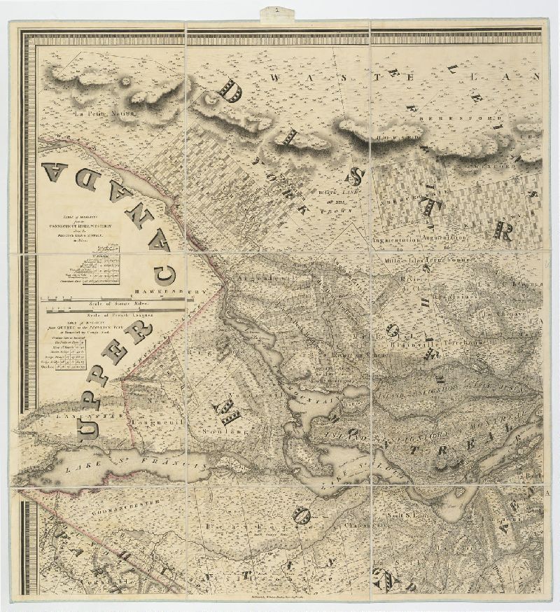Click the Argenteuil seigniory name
[x=256, y=277]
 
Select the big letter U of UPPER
[x=90, y=424]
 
